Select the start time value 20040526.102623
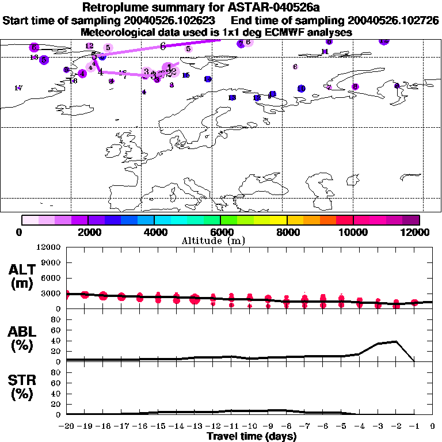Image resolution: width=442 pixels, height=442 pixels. coord(173,21)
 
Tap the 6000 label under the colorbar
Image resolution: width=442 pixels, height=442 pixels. coord(220,232)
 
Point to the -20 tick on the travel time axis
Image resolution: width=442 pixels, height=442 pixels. coord(67,426)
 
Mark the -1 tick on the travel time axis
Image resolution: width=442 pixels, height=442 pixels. coord(414,426)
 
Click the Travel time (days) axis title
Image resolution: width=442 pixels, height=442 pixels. coord(252,436)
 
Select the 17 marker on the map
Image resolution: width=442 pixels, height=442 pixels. coord(18,88)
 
